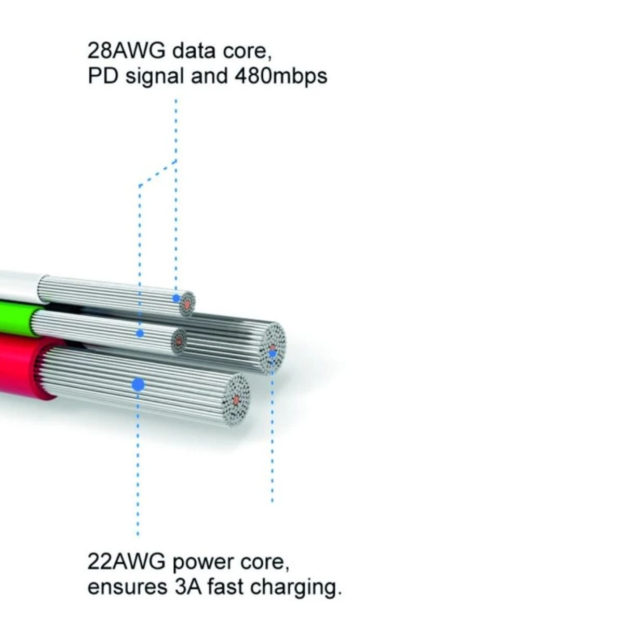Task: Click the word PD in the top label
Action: pyautogui.click(x=99, y=76)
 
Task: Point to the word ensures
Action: pyautogui.click(x=125, y=588)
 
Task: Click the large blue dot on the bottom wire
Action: pyautogui.click(x=138, y=385)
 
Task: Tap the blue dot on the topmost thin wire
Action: pyautogui.click(x=177, y=298)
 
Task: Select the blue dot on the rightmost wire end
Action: pyautogui.click(x=272, y=354)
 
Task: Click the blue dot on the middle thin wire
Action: pyautogui.click(x=140, y=333)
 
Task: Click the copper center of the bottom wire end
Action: pyautogui.click(x=237, y=400)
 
